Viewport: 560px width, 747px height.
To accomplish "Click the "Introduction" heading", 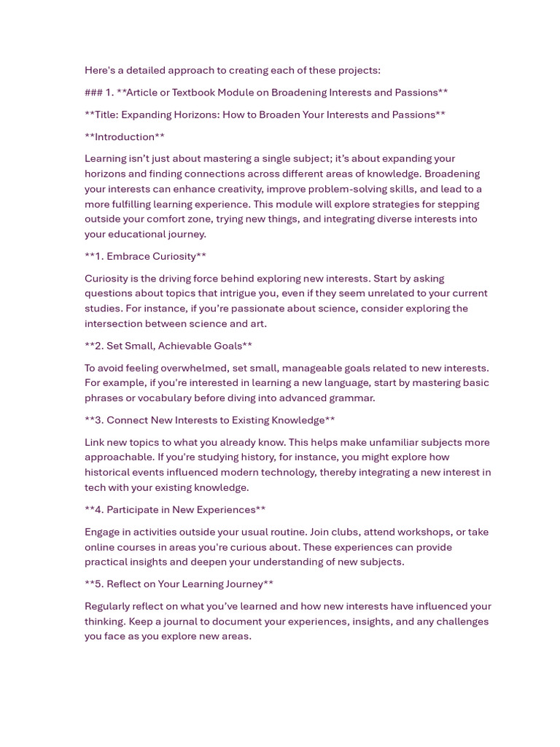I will tap(125, 137).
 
